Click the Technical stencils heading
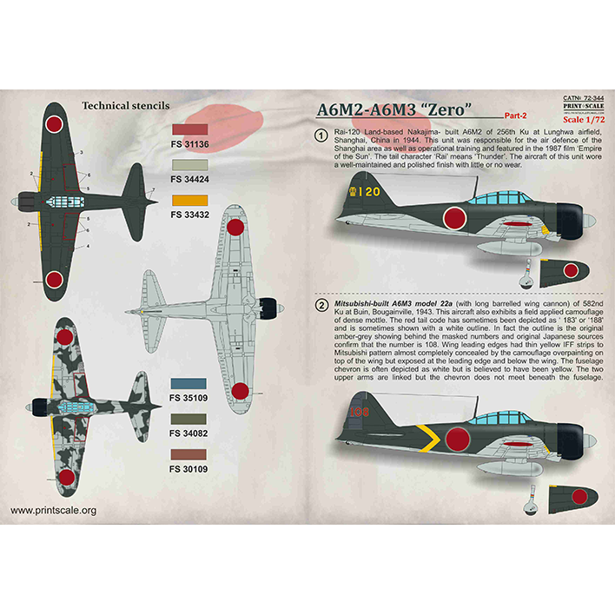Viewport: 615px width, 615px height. tap(125, 106)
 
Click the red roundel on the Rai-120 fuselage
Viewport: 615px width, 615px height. tap(453, 219)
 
